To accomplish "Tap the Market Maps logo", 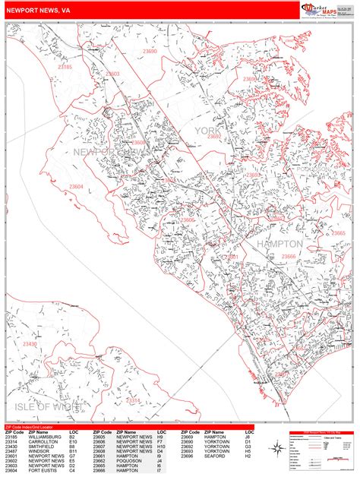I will (x=318, y=9).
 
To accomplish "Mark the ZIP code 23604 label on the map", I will (x=76, y=186).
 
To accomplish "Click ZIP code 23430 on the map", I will (x=30, y=344).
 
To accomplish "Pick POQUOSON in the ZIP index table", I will (x=130, y=460).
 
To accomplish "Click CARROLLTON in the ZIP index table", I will (x=41, y=442).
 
